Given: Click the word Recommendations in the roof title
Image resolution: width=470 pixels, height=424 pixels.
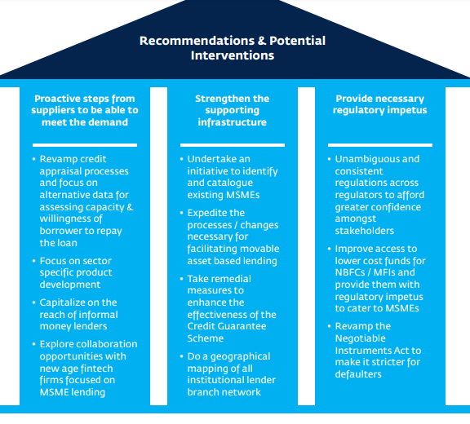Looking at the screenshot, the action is point(197,41).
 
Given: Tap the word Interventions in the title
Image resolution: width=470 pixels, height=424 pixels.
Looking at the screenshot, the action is point(233,55).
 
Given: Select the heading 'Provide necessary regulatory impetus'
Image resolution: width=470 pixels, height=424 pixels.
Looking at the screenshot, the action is point(379,104).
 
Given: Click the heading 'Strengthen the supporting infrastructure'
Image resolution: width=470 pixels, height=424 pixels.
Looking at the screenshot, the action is point(233,110).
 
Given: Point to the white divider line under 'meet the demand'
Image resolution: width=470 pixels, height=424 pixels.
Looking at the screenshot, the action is point(85,145).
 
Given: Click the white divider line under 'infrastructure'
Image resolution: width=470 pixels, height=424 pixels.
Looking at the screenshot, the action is point(233,145).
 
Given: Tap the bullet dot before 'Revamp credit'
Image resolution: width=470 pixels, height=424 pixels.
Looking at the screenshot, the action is point(34,159).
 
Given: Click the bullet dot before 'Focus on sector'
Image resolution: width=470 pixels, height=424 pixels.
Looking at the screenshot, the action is point(34,261).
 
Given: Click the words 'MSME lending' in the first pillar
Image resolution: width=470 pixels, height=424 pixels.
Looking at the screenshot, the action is point(73,392).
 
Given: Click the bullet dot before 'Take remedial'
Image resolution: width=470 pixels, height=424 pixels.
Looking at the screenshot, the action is point(181,279).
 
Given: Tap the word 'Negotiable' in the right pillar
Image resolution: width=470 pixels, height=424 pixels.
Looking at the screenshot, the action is point(361,338).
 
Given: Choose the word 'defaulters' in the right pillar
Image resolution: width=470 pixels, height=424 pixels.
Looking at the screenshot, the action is point(358,374).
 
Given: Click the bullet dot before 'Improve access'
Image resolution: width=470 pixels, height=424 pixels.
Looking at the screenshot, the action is point(329,249).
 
